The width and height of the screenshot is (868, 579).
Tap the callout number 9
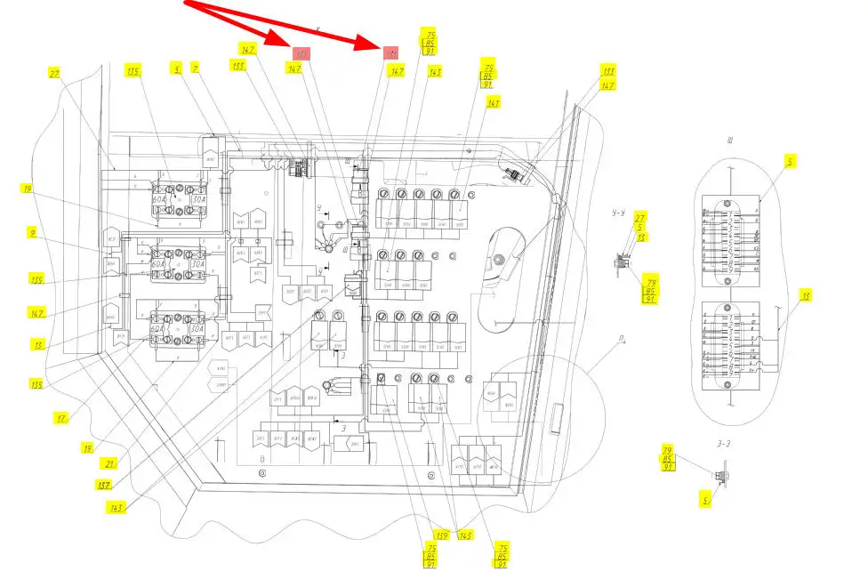(x=33, y=235)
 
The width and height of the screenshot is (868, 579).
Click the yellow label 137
(x=105, y=486)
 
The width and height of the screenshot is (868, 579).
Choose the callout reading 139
(x=430, y=535)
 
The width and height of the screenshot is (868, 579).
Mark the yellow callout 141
(x=494, y=103)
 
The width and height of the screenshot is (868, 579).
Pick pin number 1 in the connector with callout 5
(x=730, y=215)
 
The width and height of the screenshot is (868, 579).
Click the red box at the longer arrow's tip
(x=390, y=53)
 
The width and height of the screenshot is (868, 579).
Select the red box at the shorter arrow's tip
(x=301, y=54)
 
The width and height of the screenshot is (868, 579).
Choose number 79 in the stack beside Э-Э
(x=667, y=449)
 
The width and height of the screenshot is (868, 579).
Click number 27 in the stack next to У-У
(x=641, y=217)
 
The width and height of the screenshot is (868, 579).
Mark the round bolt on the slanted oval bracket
(x=499, y=260)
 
